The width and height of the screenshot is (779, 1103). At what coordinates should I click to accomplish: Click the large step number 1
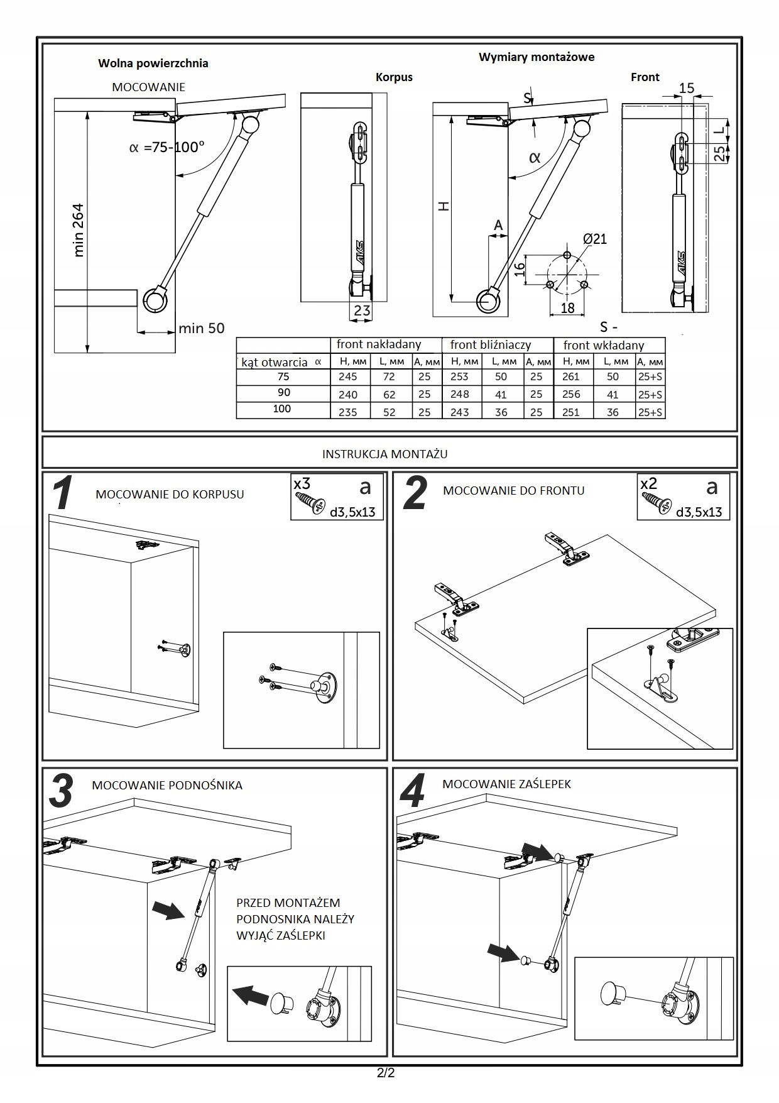[63, 494]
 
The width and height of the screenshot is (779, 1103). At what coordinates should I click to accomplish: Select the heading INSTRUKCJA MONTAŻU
[384, 454]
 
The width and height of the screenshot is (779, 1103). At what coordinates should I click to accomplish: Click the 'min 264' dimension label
[79, 229]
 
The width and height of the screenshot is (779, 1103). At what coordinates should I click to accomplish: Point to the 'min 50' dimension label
[201, 328]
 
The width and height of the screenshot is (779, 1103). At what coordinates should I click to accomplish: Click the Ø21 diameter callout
[594, 239]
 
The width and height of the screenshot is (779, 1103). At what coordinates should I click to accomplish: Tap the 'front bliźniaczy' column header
[490, 345]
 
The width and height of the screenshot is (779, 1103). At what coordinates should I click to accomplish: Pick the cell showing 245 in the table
[347, 377]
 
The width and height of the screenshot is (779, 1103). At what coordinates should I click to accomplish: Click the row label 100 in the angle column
[282, 409]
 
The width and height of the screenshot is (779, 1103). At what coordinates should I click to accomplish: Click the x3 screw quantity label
[302, 484]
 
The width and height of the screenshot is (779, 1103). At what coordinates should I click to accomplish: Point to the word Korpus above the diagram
[394, 77]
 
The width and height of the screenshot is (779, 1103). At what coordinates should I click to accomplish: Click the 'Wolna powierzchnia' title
[153, 63]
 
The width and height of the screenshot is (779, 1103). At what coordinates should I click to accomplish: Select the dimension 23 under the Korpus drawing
[362, 310]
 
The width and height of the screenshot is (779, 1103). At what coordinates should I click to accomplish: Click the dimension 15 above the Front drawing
[687, 88]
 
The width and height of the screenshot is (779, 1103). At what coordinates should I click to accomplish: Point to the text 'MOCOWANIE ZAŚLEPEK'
[506, 784]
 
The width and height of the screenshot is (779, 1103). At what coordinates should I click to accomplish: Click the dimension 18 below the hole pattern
[567, 308]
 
